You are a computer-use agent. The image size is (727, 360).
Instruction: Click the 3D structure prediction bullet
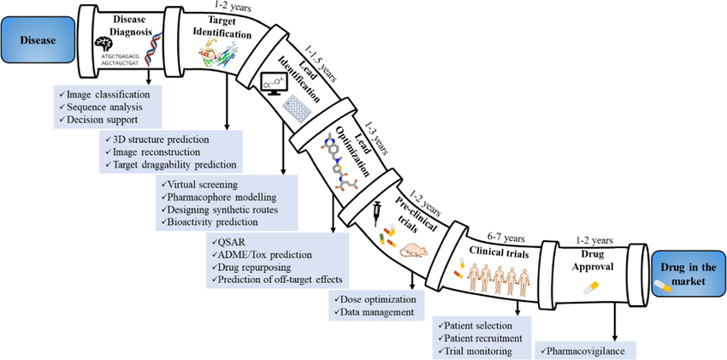click(159, 139)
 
